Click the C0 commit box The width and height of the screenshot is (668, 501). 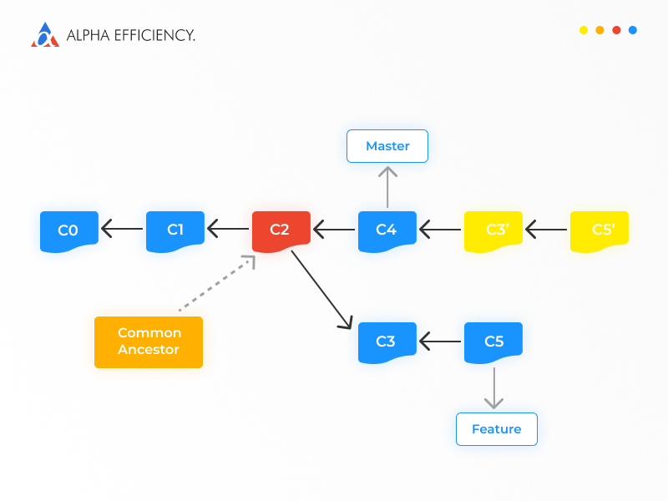[x=69, y=231]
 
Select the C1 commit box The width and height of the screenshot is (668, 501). [x=175, y=231]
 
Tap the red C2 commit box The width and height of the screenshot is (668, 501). [x=281, y=231]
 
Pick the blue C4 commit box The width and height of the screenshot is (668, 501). [x=387, y=231]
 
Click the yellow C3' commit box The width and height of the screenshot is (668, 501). [x=493, y=231]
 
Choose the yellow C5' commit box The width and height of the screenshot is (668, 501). [x=600, y=231]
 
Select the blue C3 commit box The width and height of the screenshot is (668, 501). [x=387, y=342]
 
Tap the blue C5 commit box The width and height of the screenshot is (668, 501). [x=493, y=342]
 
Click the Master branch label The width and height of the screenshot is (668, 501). [x=387, y=146]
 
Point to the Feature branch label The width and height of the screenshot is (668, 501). [x=497, y=429]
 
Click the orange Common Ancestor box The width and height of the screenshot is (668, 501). [x=149, y=342]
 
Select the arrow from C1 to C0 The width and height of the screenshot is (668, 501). [x=122, y=229]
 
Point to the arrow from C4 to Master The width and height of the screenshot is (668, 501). [x=387, y=187]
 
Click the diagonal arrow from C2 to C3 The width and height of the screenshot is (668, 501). [x=322, y=290]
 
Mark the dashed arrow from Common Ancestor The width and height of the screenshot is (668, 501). [x=217, y=283]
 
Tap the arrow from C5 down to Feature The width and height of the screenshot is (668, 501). [x=494, y=388]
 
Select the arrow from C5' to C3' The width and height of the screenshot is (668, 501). [x=547, y=229]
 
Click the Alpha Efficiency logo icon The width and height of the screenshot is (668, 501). [x=45, y=34]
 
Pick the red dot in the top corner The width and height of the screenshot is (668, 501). [x=616, y=30]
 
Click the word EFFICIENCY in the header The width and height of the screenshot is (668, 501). [x=154, y=35]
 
